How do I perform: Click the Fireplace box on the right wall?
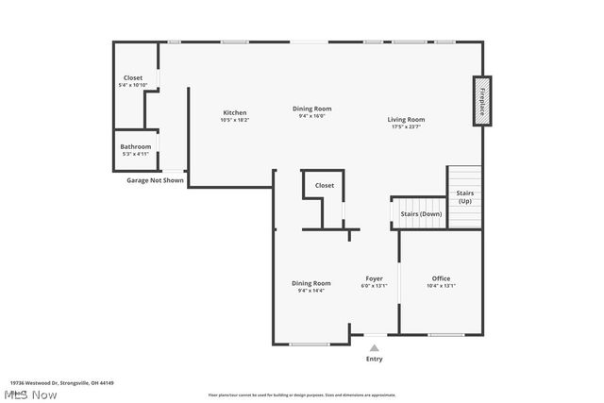pos(482,101)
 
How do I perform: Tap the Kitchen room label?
pos(234,112)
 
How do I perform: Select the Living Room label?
pos(406,119)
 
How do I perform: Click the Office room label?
pos(441,278)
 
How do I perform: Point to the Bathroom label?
pos(135,146)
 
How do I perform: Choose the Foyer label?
pos(375,278)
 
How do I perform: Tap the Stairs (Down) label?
pos(421,214)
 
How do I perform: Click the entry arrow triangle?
pos(374,347)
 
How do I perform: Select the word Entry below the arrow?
pos(375,359)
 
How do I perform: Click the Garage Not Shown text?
pos(155,179)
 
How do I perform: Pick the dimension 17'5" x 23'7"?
pos(406,127)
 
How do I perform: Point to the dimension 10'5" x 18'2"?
pos(234,120)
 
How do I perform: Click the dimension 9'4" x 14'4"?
pos(310,291)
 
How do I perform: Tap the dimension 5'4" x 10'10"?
pos(133,85)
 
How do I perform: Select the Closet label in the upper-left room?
pos(133,77)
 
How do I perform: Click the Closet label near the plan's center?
pos(325,185)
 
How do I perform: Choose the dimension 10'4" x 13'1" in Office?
pos(441,286)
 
